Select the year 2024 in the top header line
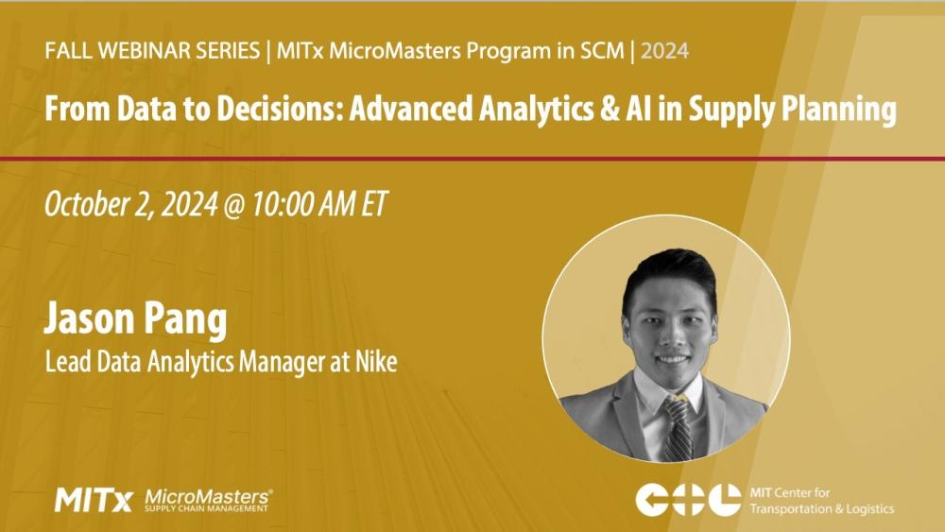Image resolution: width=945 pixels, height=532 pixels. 665,51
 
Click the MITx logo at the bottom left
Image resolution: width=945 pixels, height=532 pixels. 94,499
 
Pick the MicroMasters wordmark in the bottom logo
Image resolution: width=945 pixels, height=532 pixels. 209,495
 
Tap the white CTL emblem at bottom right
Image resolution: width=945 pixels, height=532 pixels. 687,499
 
